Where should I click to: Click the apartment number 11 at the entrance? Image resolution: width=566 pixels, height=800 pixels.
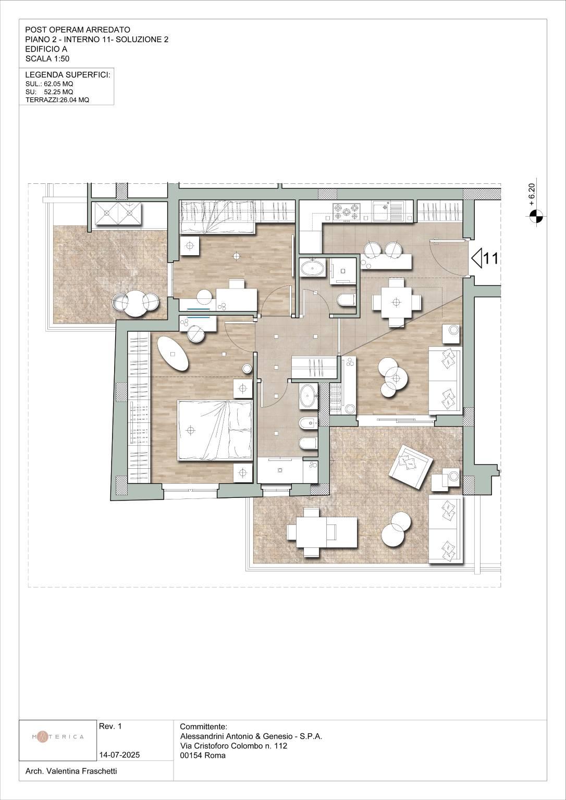490,258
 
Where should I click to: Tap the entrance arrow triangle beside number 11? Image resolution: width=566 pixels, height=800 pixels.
477,258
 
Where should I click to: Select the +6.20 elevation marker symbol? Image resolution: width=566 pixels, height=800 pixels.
534,215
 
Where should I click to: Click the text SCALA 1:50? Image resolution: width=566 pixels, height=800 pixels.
47,59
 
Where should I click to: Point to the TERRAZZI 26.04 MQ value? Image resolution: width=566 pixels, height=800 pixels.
57,100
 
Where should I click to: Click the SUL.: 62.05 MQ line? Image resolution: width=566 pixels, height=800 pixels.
50,84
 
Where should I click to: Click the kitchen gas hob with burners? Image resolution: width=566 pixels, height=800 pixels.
345,211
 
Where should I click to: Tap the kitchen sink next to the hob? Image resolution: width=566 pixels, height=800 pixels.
387,211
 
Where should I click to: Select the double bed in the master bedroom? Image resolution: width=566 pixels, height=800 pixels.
215,430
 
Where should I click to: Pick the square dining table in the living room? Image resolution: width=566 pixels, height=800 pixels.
396,302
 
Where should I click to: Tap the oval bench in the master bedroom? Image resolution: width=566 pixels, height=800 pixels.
173,353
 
